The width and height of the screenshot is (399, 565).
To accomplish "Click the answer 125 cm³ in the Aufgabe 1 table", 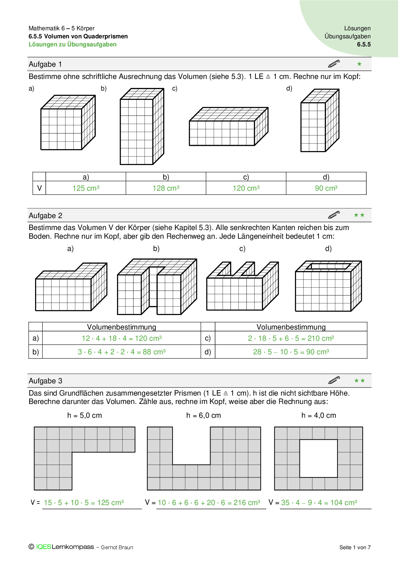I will tap(86, 188).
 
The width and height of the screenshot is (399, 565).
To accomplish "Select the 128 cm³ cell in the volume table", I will tap(166, 188).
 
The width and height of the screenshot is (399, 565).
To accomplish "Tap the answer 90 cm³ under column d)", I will tap(326, 188).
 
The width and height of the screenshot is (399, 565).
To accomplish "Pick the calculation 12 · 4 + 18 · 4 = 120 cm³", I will tap(122, 338).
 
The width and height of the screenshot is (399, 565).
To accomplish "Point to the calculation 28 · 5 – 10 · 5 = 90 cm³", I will tap(291, 352).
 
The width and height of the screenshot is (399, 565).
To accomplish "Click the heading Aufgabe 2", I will tap(45, 215).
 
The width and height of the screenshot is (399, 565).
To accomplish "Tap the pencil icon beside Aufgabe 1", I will tap(334, 63).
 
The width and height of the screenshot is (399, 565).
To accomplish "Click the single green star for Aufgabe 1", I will tap(359, 64).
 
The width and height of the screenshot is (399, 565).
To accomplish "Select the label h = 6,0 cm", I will tap(203, 415).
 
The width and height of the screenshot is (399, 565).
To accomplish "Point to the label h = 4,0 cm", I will tap(319, 415).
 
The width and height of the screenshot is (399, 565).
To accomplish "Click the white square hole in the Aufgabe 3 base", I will tap(318, 458).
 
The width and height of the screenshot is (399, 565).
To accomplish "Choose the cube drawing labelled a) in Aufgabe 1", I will tap(68, 123).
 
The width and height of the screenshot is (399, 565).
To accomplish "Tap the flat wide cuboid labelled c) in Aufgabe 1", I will tap(228, 127).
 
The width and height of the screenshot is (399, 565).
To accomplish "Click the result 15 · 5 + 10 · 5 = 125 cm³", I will tap(84, 503).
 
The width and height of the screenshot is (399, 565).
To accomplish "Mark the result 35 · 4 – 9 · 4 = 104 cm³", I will tap(319, 503).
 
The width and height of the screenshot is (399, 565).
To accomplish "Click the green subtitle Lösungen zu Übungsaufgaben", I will tap(72, 44).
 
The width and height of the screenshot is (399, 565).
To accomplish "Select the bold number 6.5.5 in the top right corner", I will tap(364, 44).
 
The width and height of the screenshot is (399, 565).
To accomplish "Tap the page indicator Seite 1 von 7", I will tap(355, 547).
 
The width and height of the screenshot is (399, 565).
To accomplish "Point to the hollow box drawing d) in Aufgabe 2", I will tap(328, 286).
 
